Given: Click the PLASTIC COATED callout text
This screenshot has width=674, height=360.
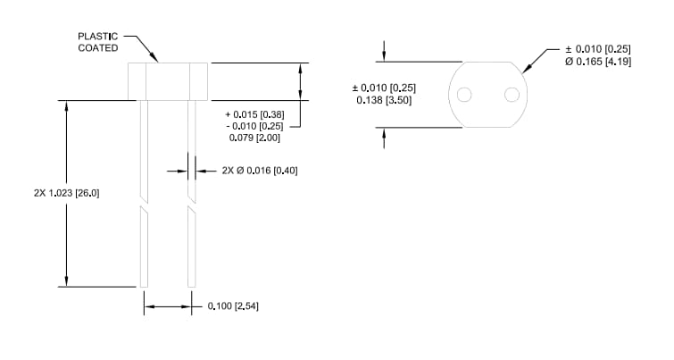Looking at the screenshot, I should tap(97, 42).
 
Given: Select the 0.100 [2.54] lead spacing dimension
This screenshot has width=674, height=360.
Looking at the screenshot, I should tap(232, 306).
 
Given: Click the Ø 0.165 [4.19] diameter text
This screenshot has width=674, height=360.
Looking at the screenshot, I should tap(599, 62).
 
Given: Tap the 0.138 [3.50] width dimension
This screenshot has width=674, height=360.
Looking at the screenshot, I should tap(386, 100).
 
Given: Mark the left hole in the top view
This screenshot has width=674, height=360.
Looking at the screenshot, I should tap(463, 95).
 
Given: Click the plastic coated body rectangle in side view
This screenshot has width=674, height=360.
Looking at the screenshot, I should tap(168, 81).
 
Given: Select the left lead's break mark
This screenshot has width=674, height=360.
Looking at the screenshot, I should tap(143, 202).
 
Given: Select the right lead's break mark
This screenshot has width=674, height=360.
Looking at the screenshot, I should tap(191, 202).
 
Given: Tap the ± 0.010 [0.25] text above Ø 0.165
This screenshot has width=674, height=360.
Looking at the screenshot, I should tap(599, 49).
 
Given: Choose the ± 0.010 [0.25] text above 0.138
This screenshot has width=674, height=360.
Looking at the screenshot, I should tap(386, 88).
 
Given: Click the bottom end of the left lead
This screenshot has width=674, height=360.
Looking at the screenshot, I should tap(143, 285).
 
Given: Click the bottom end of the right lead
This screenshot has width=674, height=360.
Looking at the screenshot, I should tap(191, 285).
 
